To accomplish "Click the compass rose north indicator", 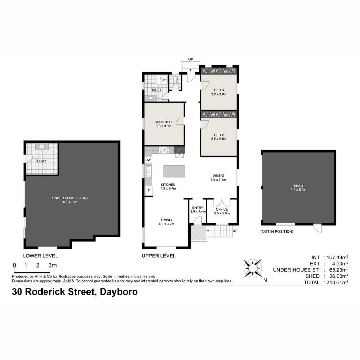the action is (x=252, y=268).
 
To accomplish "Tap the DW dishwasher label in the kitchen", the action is (x=148, y=160).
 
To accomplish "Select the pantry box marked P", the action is (x=179, y=150).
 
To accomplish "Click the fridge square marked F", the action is (x=149, y=191).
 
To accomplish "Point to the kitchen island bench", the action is (x=174, y=171).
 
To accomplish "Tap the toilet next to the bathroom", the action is (x=176, y=79).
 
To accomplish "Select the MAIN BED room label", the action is (x=163, y=122).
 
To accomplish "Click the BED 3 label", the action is (x=219, y=90).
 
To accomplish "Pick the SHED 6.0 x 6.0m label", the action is (x=298, y=188).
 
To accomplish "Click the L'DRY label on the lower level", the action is (x=41, y=161).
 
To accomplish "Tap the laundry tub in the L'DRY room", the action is (x=41, y=146).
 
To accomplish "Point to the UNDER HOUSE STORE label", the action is (x=70, y=198).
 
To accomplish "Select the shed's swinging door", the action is (x=317, y=228).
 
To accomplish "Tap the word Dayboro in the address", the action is (x=119, y=292).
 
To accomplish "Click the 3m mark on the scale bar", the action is (x=52, y=265).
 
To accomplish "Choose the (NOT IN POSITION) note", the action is (x=277, y=231).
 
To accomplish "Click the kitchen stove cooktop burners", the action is (x=165, y=150).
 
